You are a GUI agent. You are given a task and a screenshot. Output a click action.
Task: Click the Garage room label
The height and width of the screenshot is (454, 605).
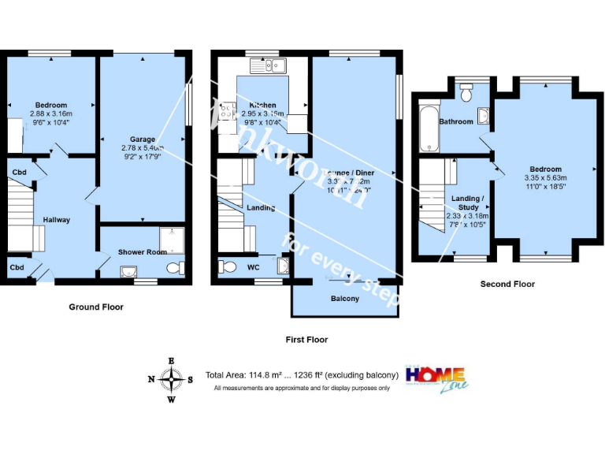[x=143, y=140]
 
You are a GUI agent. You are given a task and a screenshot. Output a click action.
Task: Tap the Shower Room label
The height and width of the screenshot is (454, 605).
[x=143, y=251]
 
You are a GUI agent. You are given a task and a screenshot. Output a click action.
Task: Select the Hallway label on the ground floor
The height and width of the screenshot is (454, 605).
[x=56, y=220]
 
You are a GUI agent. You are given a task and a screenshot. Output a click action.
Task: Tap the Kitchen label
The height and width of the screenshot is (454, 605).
[x=262, y=105]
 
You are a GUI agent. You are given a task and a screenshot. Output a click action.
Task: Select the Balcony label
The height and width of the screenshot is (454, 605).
[x=344, y=299]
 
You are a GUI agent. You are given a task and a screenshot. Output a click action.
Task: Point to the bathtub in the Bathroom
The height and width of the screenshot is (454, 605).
[x=428, y=127]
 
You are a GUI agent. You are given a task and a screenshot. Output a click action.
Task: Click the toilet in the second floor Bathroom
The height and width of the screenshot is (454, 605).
[x=466, y=94]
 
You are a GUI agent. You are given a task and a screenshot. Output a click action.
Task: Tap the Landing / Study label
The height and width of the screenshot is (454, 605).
[x=468, y=203]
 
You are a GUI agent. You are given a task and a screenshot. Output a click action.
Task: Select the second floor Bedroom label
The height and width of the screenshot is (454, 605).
[x=545, y=169]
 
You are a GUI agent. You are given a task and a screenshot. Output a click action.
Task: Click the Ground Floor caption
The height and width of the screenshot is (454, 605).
[x=96, y=307]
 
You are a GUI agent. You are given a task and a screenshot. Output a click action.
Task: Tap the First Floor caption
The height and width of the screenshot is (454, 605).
[x=306, y=340]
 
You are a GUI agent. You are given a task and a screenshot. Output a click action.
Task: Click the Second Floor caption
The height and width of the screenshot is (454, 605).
[x=507, y=284]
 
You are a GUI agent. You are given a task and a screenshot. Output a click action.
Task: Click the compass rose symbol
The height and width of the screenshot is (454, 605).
[x=171, y=379]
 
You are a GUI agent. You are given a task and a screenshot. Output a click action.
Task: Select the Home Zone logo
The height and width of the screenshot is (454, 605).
[x=435, y=377]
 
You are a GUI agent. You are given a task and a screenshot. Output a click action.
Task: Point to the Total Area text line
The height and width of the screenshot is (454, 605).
[x=302, y=375]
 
